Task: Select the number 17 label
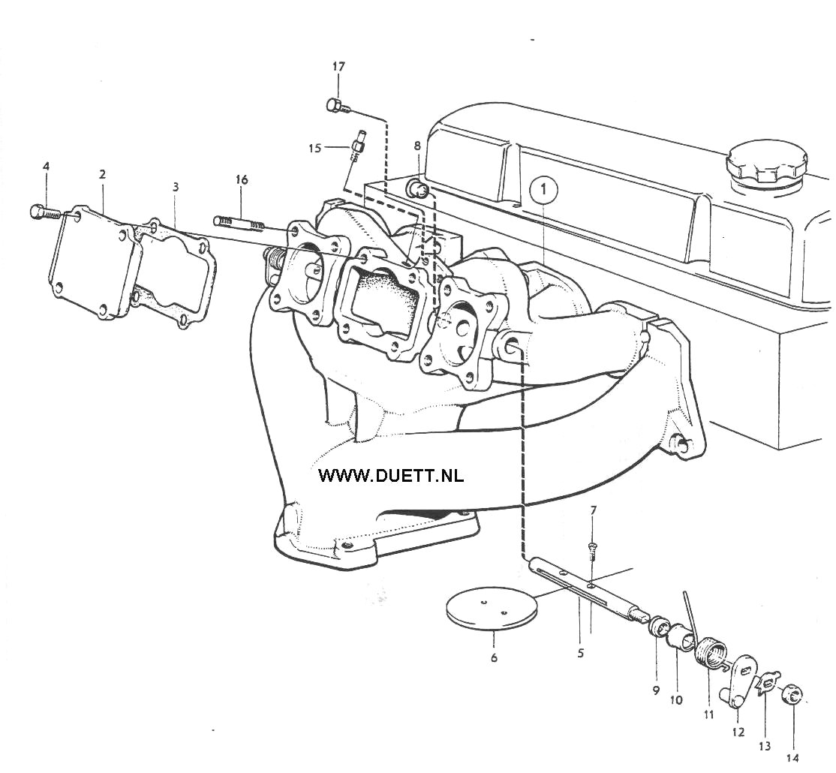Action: pos(338,67)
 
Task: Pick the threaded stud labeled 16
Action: pos(240,224)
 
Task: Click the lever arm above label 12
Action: pos(741,682)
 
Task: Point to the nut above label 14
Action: pos(792,696)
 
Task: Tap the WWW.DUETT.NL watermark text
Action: pos(391,475)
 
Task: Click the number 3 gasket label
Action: pos(176,187)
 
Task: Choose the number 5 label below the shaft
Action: pos(581,653)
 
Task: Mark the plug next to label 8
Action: pos(418,188)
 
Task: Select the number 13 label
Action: pos(765,746)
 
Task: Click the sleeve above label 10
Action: pos(682,636)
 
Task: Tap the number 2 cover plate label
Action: pos(102,174)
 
